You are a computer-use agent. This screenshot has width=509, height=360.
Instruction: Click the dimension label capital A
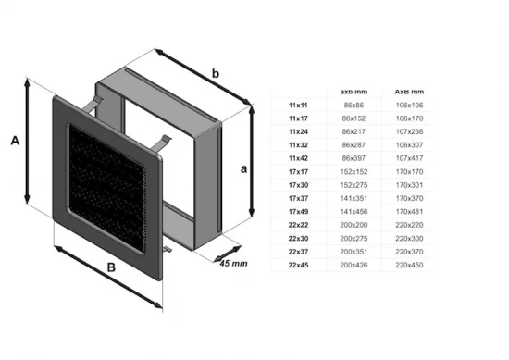(x=14, y=141)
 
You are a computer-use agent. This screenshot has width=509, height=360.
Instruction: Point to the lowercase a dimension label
(x=242, y=168)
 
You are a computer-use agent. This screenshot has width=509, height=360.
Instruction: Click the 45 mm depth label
(x=234, y=264)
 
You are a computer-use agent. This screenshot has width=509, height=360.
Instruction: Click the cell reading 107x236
(x=410, y=131)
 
